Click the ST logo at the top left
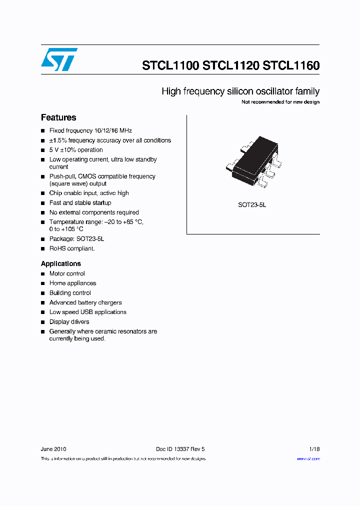coord(59,59)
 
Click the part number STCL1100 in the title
coord(171,65)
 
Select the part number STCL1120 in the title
coord(231,65)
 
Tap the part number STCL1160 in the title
coord(291,65)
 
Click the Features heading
coord(58,117)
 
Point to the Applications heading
coord(60,263)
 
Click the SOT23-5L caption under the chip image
coord(252,205)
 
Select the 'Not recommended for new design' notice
coord(280,102)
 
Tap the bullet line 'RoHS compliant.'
coord(71,248)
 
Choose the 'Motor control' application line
coord(67,273)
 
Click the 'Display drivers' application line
coord(69,322)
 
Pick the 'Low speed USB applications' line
coord(87,312)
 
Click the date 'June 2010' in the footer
coord(53,449)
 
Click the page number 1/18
coord(314,449)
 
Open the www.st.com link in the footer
coord(308,458)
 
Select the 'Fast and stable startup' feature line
coord(80,203)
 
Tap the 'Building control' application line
coord(70,293)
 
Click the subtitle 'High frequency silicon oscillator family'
coord(240,91)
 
